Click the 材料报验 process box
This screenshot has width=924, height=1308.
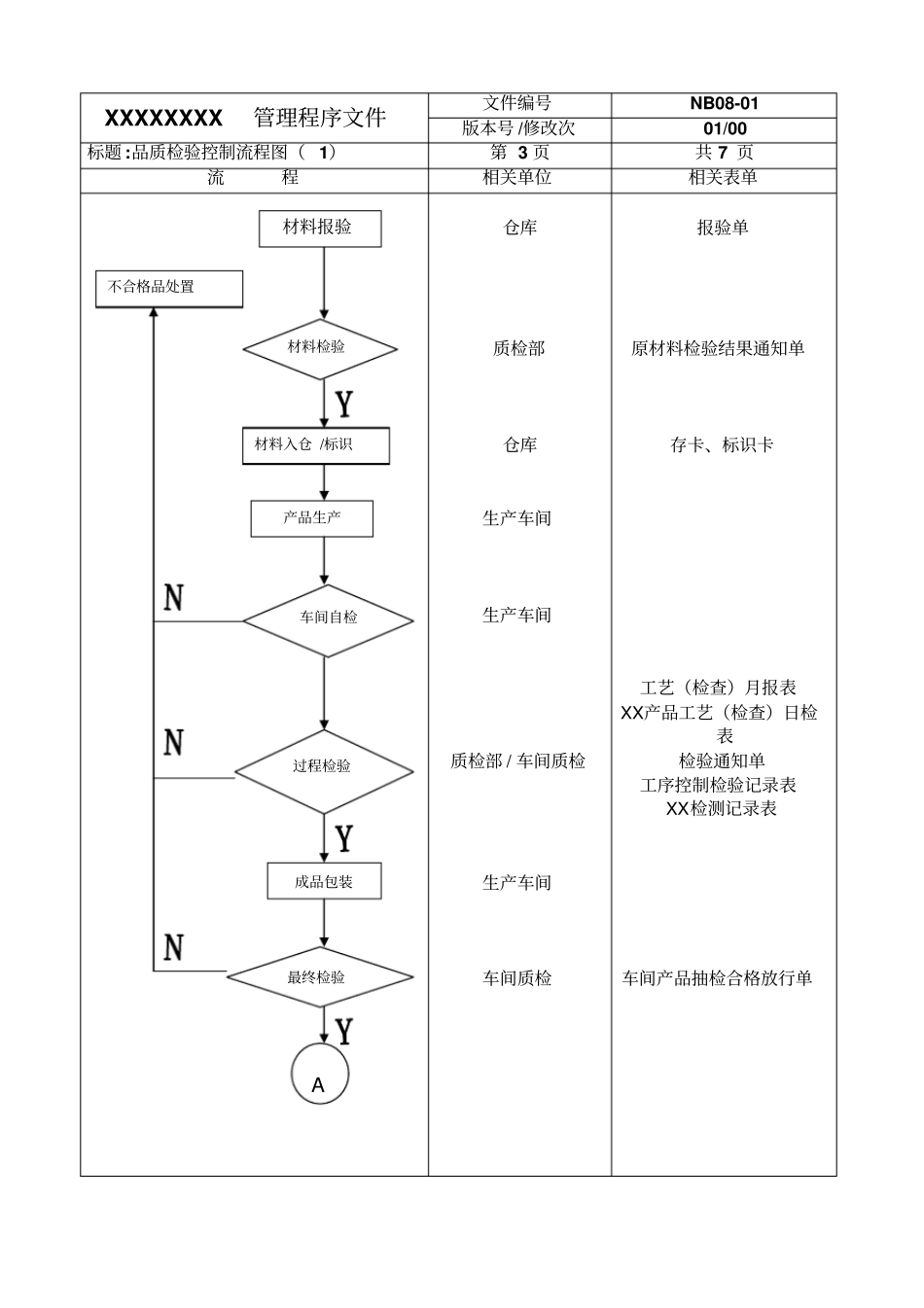coord(319,229)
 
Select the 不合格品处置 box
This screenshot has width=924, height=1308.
coord(168,288)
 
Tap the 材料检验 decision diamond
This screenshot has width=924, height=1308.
coord(319,348)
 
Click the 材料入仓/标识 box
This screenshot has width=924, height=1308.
coord(315,445)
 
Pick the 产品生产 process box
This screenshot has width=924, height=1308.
coord(311,518)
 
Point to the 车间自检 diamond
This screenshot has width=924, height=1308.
coord(328,619)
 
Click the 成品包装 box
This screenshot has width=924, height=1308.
coord(324,882)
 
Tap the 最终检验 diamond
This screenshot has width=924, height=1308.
coord(319,977)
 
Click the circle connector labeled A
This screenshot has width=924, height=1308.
coord(319,1077)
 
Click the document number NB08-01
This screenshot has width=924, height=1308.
coord(724,104)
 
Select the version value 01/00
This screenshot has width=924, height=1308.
coord(724,129)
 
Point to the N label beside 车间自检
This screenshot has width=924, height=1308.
coord(173,597)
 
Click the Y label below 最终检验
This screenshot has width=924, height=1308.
coord(343,1031)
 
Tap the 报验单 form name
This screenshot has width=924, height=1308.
coord(723,228)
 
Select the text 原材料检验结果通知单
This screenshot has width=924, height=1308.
coord(718,349)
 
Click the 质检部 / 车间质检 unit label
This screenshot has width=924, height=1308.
coord(517,761)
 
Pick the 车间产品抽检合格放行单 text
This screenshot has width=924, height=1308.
coord(717,979)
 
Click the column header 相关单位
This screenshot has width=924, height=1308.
coord(517,178)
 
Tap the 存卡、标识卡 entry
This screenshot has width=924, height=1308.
coord(722,445)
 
